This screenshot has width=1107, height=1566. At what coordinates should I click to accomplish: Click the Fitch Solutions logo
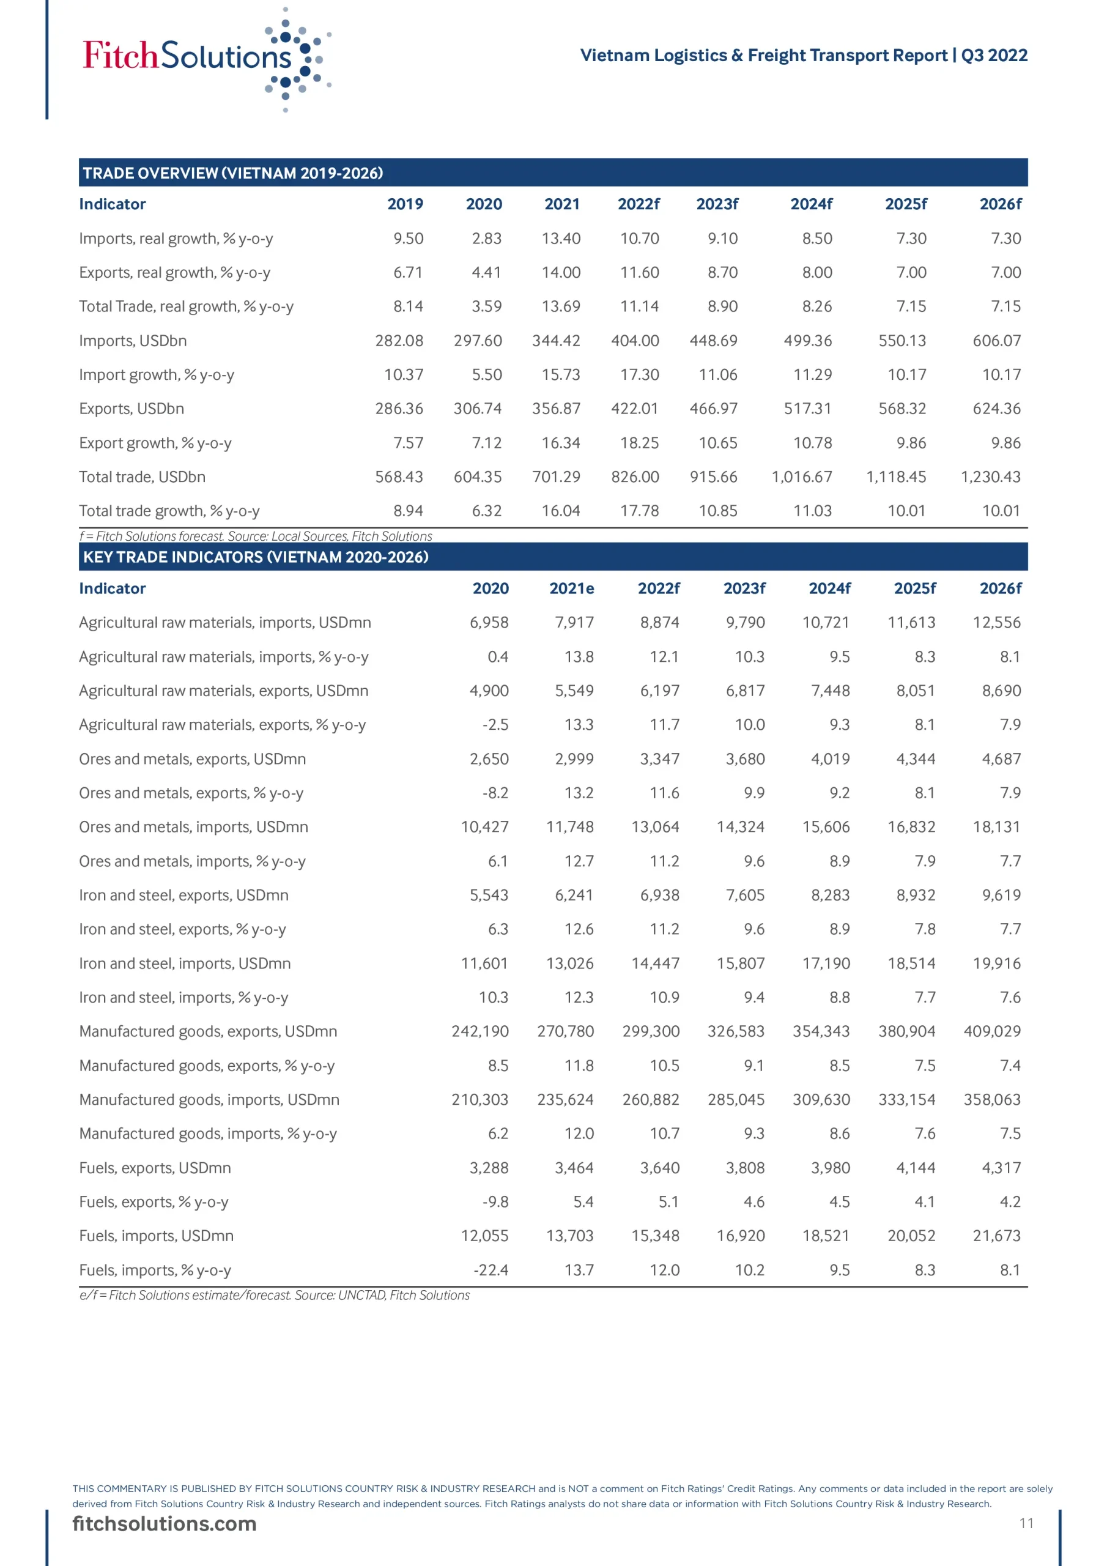pos(205,58)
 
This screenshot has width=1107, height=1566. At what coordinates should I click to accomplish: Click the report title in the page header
pos(803,55)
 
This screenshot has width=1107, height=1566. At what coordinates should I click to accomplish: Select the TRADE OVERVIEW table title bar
pos(552,173)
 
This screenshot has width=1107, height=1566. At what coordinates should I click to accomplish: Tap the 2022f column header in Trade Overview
pos(639,204)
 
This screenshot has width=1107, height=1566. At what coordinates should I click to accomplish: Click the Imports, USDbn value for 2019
pos(399,340)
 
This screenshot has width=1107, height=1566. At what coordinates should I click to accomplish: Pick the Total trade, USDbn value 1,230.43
pos(990,477)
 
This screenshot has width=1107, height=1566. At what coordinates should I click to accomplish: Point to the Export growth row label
pos(155,443)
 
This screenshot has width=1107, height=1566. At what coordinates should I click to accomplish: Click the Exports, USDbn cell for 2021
pos(556,409)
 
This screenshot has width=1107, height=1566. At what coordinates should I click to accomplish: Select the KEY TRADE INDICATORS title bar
pos(552,557)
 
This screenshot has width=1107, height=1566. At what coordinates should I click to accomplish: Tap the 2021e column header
pos(572,588)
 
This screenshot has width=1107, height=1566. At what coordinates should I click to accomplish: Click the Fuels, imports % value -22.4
pos(491,1270)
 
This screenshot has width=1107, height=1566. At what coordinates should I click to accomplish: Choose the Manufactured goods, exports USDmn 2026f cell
pos(992,1031)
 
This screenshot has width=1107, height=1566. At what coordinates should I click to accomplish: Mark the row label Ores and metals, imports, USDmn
pos(194,826)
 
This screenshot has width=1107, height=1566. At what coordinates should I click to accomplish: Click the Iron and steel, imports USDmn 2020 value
pos(484,963)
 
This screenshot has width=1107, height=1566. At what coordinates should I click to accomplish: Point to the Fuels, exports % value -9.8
pos(495,1202)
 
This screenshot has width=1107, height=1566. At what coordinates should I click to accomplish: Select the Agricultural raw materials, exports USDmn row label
pos(224,690)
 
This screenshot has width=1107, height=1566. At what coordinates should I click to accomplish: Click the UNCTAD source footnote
pos(274,1295)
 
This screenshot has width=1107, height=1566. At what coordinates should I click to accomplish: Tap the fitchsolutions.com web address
pos(165,1524)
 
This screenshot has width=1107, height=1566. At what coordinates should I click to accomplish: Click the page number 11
pos(1026,1524)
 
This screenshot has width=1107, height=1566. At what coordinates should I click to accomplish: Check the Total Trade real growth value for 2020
pos(486,306)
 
